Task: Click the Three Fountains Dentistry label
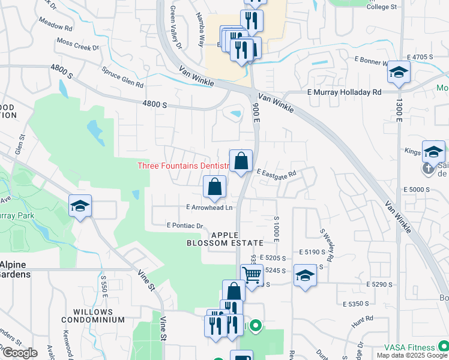coord(184,166)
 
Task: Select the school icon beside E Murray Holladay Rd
coord(397,73)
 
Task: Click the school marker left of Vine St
coord(80,206)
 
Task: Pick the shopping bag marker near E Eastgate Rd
coord(241,161)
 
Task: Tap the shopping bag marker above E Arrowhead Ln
coord(214,187)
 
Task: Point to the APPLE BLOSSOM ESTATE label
coord(224,239)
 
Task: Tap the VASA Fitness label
coord(409,347)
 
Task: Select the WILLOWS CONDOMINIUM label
coord(93,316)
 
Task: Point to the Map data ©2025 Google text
coord(412,355)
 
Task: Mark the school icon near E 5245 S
coord(305,276)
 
